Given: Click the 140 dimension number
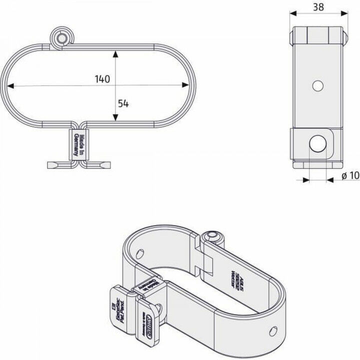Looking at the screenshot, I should [101, 79].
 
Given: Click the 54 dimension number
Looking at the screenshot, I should [123, 103].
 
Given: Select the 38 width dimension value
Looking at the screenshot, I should [317, 7].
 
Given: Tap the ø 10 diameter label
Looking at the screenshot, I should [350, 176].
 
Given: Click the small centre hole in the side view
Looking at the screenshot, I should [316, 85].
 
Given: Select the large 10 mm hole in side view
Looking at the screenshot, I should [316, 144].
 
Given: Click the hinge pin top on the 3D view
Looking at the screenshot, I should [213, 235].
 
